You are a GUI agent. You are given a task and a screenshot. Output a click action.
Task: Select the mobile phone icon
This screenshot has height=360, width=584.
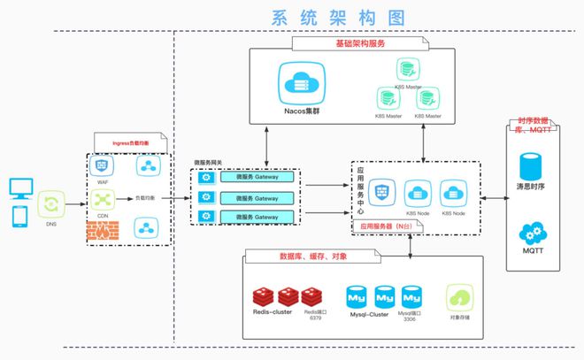[19, 216]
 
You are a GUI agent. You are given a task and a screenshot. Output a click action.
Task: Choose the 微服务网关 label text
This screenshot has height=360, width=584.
[209, 163]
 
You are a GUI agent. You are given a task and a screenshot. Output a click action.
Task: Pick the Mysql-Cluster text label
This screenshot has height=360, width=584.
[368, 314]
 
